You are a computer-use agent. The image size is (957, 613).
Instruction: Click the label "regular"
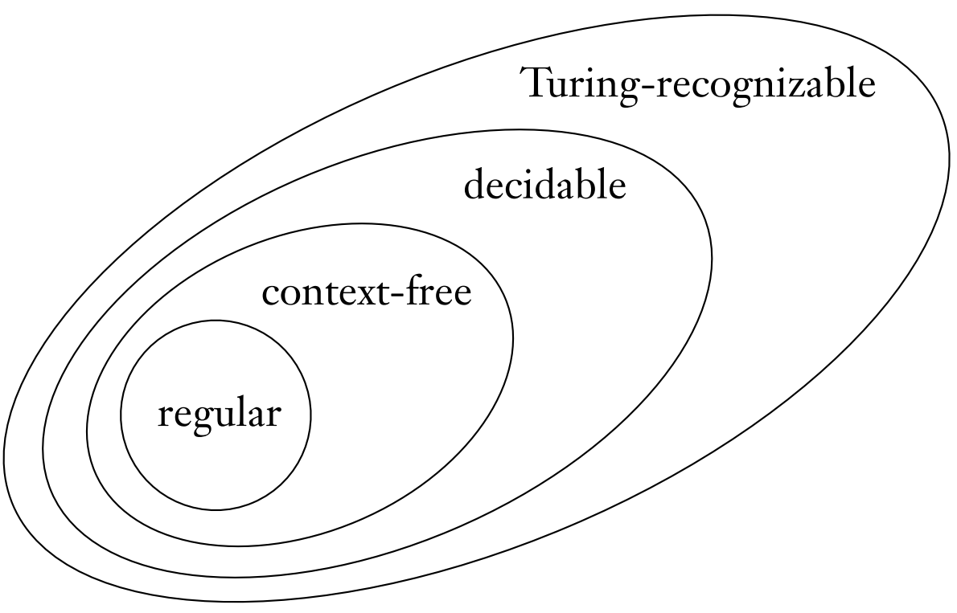[219, 415]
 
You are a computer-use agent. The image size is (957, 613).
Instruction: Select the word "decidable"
[544, 186]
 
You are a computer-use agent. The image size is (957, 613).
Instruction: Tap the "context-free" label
[366, 293]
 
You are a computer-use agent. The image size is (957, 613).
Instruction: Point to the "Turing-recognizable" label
[699, 84]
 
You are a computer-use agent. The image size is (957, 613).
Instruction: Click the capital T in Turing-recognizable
[537, 83]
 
